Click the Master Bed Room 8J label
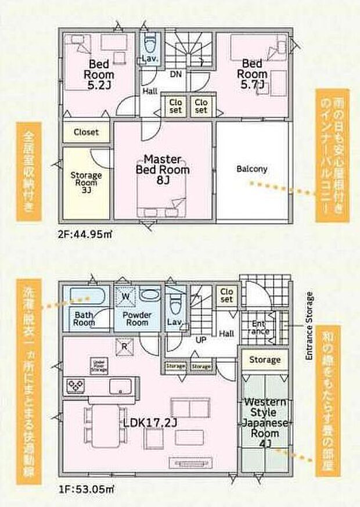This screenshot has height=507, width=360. click(x=163, y=170)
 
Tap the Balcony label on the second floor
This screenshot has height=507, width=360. click(x=252, y=170)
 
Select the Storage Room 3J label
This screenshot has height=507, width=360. click(x=86, y=182)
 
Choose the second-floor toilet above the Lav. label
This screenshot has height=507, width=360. click(x=150, y=44)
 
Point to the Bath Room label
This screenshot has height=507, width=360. click(x=84, y=319)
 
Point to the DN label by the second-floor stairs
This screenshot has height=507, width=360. click(x=175, y=74)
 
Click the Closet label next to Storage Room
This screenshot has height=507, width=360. click(x=86, y=132)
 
